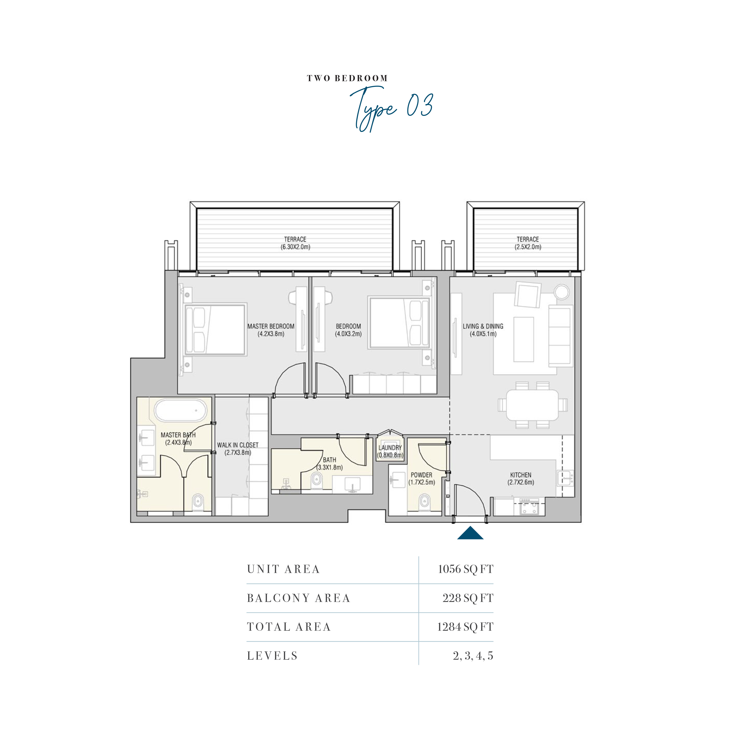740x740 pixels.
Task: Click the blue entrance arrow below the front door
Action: (x=470, y=533)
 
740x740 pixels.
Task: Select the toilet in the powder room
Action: (x=424, y=501)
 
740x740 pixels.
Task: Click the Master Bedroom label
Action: (x=271, y=330)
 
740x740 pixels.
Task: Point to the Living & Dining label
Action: (x=483, y=330)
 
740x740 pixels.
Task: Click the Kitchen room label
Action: (x=521, y=478)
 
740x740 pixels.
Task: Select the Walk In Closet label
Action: (x=238, y=448)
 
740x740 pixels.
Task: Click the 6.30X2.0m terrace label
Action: (x=295, y=243)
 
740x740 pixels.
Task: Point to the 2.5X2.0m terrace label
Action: (x=528, y=243)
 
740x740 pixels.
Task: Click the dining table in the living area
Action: (x=532, y=405)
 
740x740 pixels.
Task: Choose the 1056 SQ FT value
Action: (x=465, y=569)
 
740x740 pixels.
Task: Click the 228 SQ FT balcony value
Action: (x=468, y=598)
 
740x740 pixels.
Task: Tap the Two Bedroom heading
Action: (x=347, y=78)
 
